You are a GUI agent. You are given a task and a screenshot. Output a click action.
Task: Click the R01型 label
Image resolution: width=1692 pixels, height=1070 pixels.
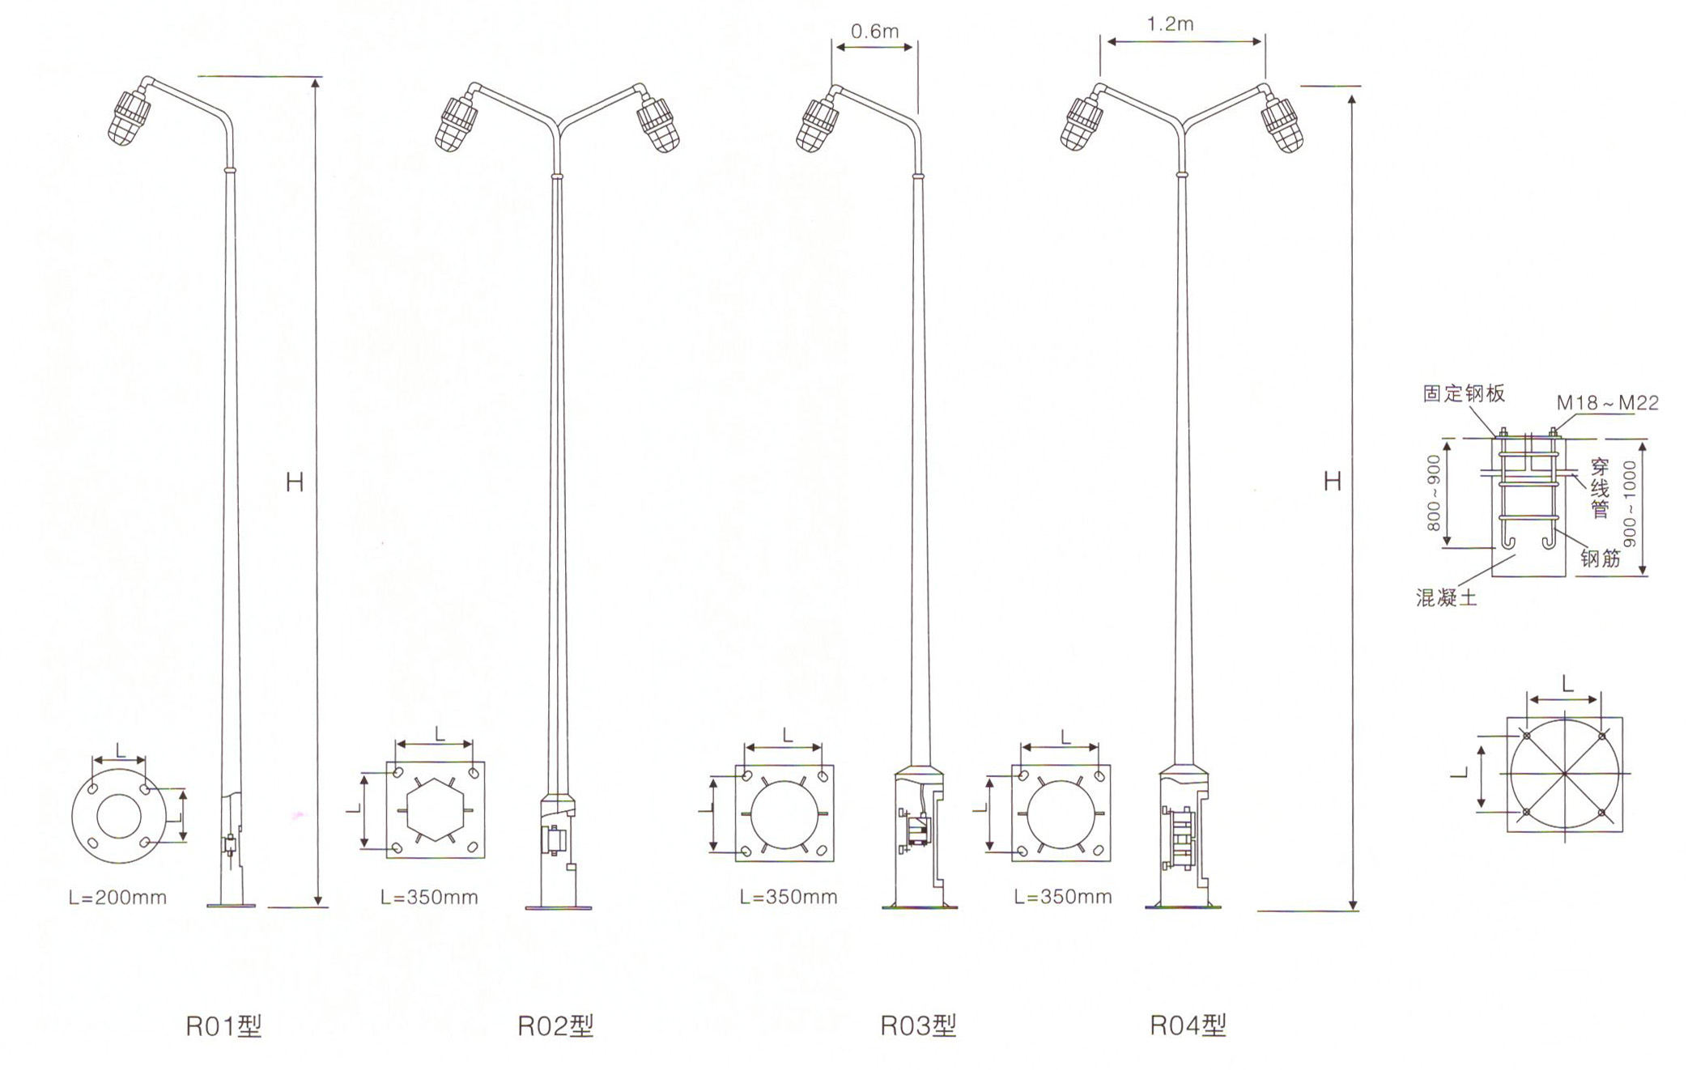pyautogui.click(x=223, y=1026)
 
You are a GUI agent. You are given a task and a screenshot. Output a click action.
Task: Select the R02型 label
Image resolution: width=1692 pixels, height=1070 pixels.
pyautogui.click(x=555, y=1026)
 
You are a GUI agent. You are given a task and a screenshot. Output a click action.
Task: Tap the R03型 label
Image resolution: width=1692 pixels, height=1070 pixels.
pyautogui.click(x=918, y=1025)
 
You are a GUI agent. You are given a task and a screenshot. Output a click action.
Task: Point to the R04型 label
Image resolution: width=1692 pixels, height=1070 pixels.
pyautogui.click(x=1188, y=1025)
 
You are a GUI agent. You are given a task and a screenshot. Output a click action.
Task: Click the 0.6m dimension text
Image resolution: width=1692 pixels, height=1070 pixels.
pyautogui.click(x=874, y=32)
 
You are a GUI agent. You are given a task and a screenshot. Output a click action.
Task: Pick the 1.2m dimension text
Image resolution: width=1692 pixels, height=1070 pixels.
pyautogui.click(x=1170, y=24)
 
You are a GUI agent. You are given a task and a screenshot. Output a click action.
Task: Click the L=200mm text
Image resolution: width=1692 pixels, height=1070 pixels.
pyautogui.click(x=117, y=898)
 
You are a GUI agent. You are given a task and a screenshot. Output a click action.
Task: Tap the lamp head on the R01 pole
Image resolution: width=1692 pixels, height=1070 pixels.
pyautogui.click(x=130, y=117)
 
